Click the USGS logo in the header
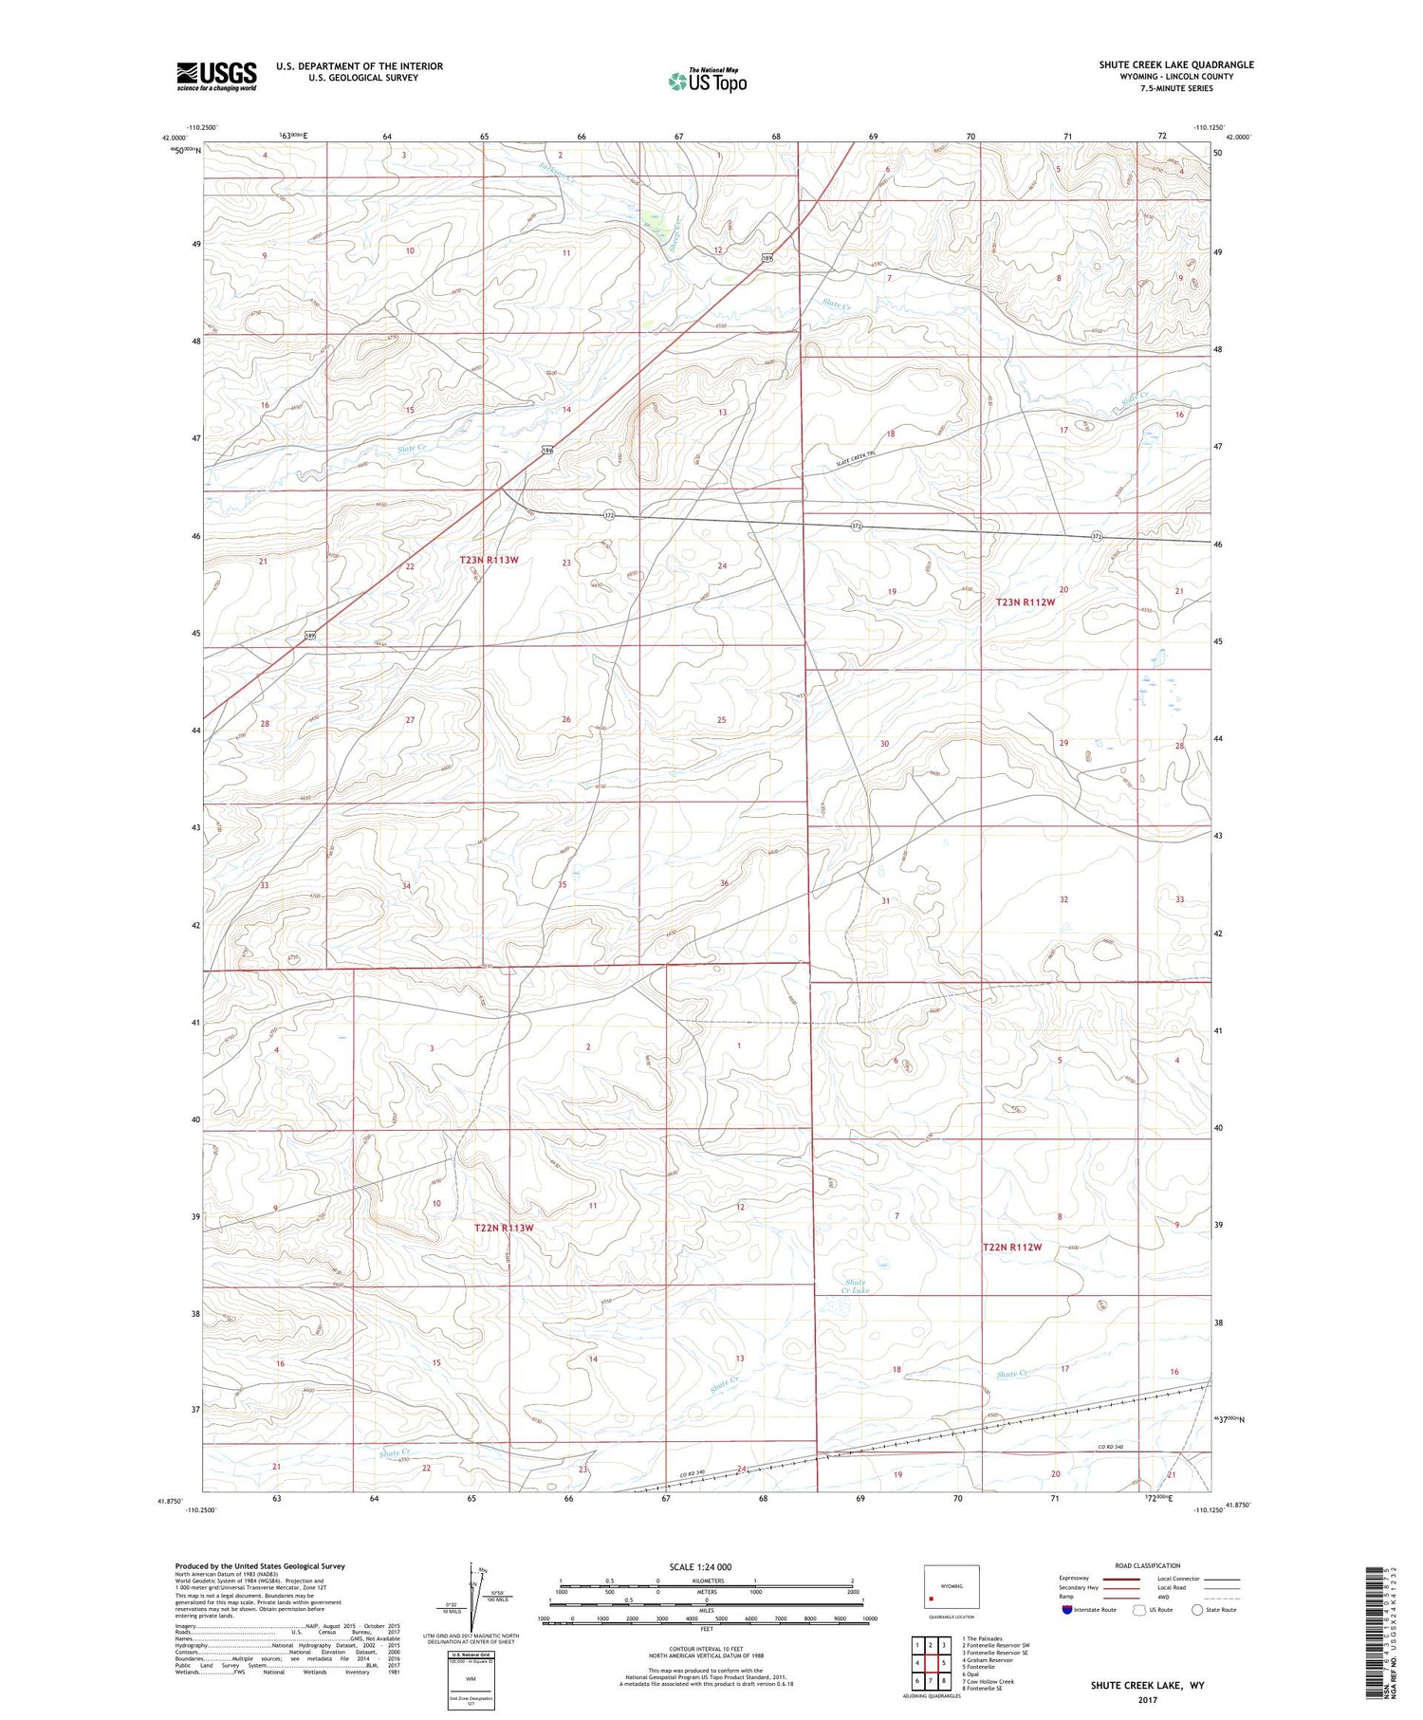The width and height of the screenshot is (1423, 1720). pos(216,76)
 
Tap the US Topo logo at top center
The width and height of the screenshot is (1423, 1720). pos(708,81)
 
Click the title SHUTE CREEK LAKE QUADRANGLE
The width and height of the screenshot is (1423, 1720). pos(1175,65)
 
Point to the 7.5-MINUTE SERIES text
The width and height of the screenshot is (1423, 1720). pos(1175,88)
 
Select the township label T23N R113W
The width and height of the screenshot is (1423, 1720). pos(490,561)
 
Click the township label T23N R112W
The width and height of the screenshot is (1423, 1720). pos(1026,602)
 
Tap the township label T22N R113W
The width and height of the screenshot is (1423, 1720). pos(504,1228)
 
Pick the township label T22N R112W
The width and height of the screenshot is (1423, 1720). pos(1012,1248)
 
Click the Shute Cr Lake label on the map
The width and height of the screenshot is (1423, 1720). pos(857,1286)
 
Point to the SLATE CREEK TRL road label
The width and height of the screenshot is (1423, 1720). pos(865,458)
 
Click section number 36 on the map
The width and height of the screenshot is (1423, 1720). pos(725,883)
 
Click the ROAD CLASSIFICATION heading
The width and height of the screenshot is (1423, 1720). pos(1148,1565)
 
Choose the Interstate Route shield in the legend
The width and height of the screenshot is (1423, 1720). pos(1067,1610)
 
